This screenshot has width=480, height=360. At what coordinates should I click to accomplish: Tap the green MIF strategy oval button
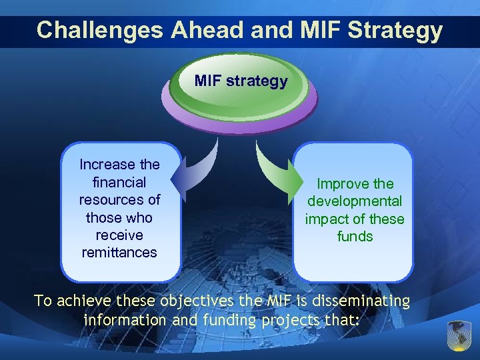pos(241,82)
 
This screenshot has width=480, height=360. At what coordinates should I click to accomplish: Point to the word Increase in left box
pos(105,164)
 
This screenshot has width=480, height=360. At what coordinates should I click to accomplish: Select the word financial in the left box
pos(120,182)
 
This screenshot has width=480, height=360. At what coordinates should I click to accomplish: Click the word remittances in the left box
pos(119,253)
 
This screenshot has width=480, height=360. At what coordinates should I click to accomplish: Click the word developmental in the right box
pos(355,201)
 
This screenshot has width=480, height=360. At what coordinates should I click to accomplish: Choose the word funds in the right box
pos(355,237)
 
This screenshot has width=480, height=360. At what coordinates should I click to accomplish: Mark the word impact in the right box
pos(326,219)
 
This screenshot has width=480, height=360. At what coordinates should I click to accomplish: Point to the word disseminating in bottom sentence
pos(362,301)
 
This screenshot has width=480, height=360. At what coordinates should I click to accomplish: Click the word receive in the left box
pos(120,235)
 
